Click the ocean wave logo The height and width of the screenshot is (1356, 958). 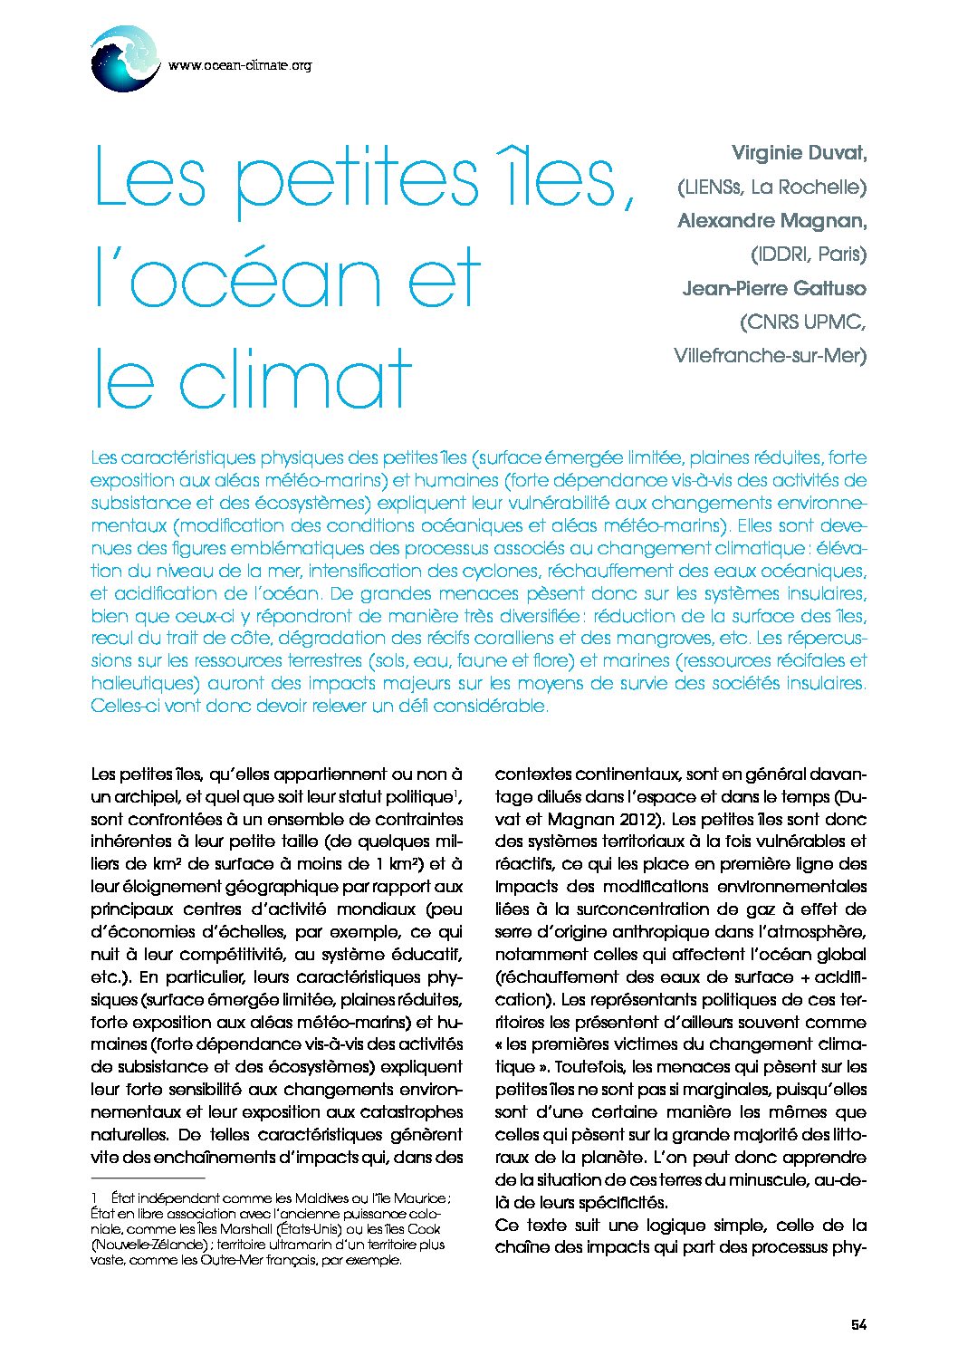click(x=126, y=58)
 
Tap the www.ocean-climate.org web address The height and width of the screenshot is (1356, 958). click(x=240, y=65)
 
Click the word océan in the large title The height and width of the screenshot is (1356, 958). click(x=255, y=277)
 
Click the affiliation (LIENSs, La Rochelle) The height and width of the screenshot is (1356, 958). click(x=771, y=187)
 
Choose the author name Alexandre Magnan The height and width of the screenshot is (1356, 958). click(x=771, y=220)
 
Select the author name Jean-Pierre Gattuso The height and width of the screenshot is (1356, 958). click(x=773, y=288)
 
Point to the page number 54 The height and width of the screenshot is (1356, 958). click(x=858, y=1324)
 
